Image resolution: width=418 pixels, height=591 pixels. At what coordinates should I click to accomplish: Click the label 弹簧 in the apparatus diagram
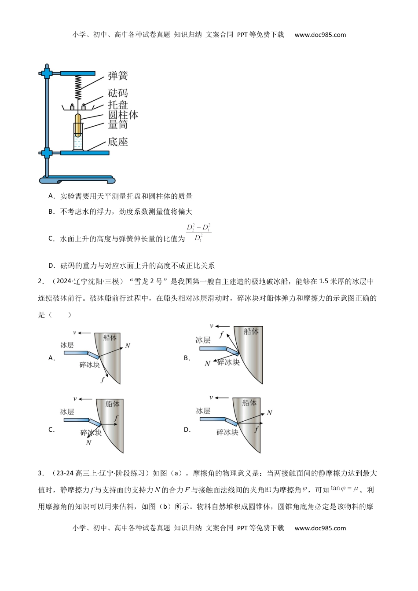point(118,76)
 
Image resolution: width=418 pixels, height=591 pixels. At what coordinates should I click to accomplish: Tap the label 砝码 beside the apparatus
point(118,93)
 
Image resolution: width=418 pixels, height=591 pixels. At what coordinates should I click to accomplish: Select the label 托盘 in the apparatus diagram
point(118,105)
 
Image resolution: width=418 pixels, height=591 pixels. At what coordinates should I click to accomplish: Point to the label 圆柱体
point(123,115)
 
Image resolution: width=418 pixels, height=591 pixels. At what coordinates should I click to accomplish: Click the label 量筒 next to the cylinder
point(118,125)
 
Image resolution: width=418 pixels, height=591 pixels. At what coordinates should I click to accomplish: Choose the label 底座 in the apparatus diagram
point(118,142)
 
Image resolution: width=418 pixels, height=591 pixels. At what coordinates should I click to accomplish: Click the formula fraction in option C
point(198,233)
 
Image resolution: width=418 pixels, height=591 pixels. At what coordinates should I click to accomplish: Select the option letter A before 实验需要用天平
point(51,196)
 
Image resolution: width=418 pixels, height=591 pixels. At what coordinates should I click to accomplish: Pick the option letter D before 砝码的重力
point(51,265)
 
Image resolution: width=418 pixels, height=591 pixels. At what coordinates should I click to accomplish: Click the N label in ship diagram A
point(128,346)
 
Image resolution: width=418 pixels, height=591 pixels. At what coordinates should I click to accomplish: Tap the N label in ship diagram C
point(88,442)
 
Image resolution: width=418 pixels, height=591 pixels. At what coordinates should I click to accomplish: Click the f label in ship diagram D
point(256,430)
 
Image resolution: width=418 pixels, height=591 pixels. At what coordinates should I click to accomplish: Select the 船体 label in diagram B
point(251,332)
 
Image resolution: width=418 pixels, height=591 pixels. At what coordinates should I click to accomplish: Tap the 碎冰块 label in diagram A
point(89,365)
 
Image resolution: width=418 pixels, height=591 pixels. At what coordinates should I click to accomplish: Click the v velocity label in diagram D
point(211,398)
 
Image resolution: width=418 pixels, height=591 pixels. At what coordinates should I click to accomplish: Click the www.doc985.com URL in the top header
point(320,35)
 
